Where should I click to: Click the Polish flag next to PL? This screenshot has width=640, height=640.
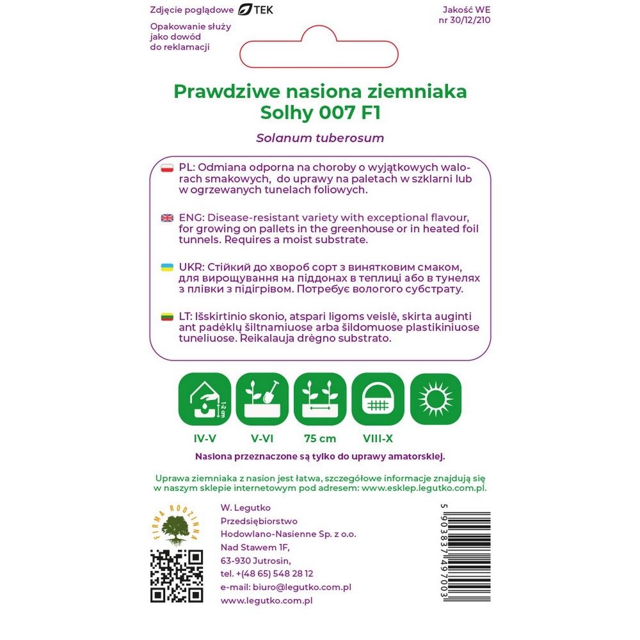167,168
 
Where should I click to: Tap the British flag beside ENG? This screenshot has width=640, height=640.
167,218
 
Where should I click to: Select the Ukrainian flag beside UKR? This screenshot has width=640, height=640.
167,267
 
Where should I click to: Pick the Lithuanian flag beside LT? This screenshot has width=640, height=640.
167,317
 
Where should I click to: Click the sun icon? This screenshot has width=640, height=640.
435,399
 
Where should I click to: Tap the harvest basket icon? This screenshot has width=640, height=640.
378,399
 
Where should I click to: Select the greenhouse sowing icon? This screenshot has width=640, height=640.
204,399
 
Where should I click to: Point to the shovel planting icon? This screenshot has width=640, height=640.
262,399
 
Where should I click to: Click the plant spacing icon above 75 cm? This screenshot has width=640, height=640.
320,399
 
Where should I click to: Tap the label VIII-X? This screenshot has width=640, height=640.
378,438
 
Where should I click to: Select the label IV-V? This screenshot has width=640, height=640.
204,438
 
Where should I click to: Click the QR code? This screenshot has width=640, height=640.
177,575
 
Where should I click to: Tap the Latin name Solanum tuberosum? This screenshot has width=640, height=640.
320,138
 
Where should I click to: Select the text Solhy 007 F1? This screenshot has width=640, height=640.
320,113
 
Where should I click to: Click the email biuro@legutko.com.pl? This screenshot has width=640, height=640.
285,587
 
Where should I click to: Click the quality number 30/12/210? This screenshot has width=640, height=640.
470,20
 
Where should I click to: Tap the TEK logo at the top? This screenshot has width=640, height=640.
255,10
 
